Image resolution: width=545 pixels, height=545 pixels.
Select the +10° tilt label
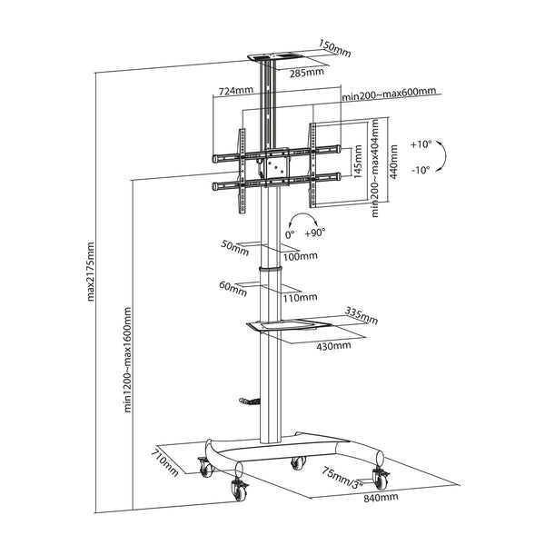pos(421,144)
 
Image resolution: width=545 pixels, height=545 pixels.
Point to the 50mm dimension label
pos(233,245)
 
